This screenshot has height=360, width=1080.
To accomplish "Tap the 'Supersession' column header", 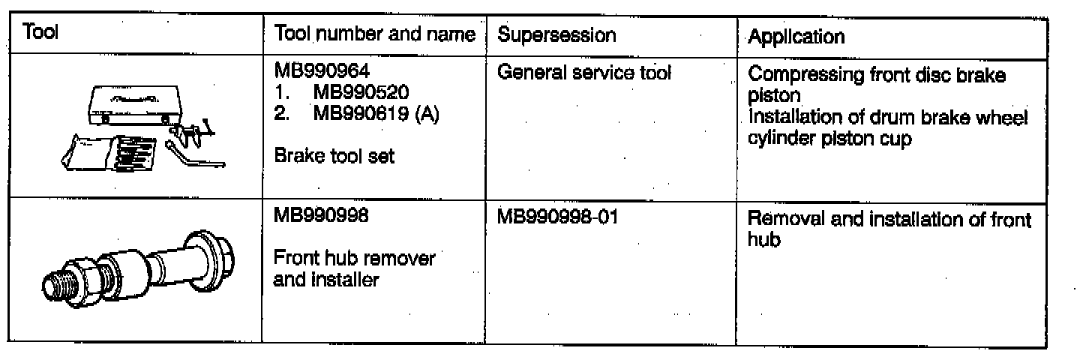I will (556, 34).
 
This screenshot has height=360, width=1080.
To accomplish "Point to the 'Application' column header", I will (796, 36).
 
